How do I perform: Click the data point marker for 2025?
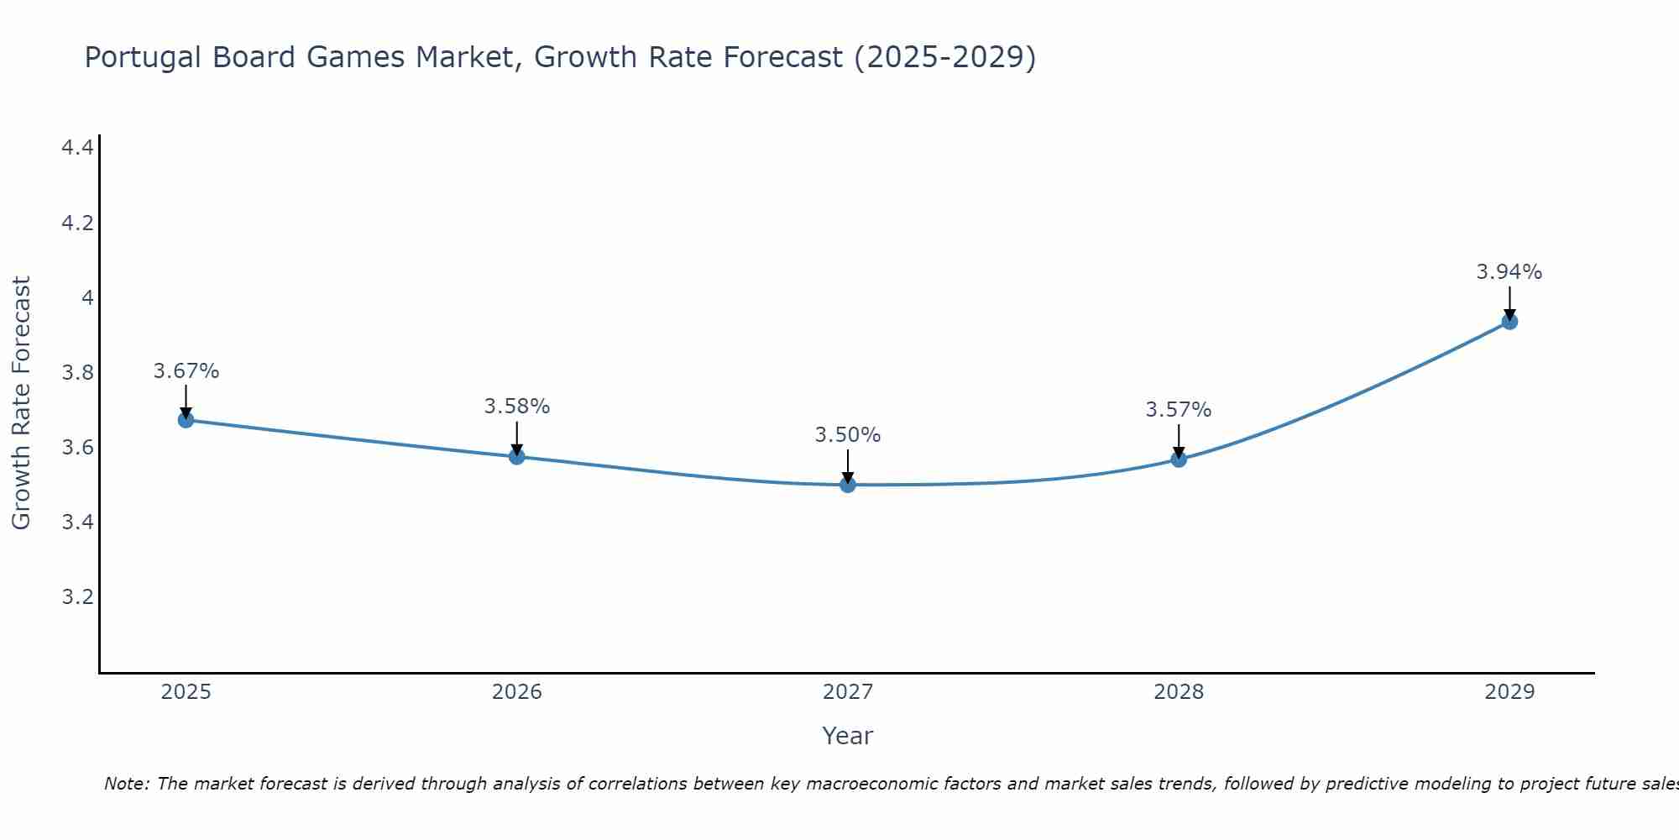click(186, 420)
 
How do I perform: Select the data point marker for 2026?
click(517, 456)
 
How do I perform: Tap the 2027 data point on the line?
click(848, 485)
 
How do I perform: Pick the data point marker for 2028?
click(1179, 459)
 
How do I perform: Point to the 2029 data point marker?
click(1509, 322)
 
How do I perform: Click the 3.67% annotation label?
click(186, 371)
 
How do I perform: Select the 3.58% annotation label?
click(517, 407)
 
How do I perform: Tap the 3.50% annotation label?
click(848, 435)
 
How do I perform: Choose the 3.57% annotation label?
click(1179, 410)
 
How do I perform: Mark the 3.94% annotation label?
click(1509, 272)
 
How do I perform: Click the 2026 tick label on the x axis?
click(517, 692)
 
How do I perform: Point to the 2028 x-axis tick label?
click(1179, 692)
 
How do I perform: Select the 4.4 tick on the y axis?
click(77, 148)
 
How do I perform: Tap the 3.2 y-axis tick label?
click(77, 597)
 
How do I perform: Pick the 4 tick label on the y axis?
click(86, 297)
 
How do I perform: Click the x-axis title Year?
click(848, 736)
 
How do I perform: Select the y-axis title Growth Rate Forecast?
click(21, 403)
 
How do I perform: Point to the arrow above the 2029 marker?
click(1509, 302)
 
